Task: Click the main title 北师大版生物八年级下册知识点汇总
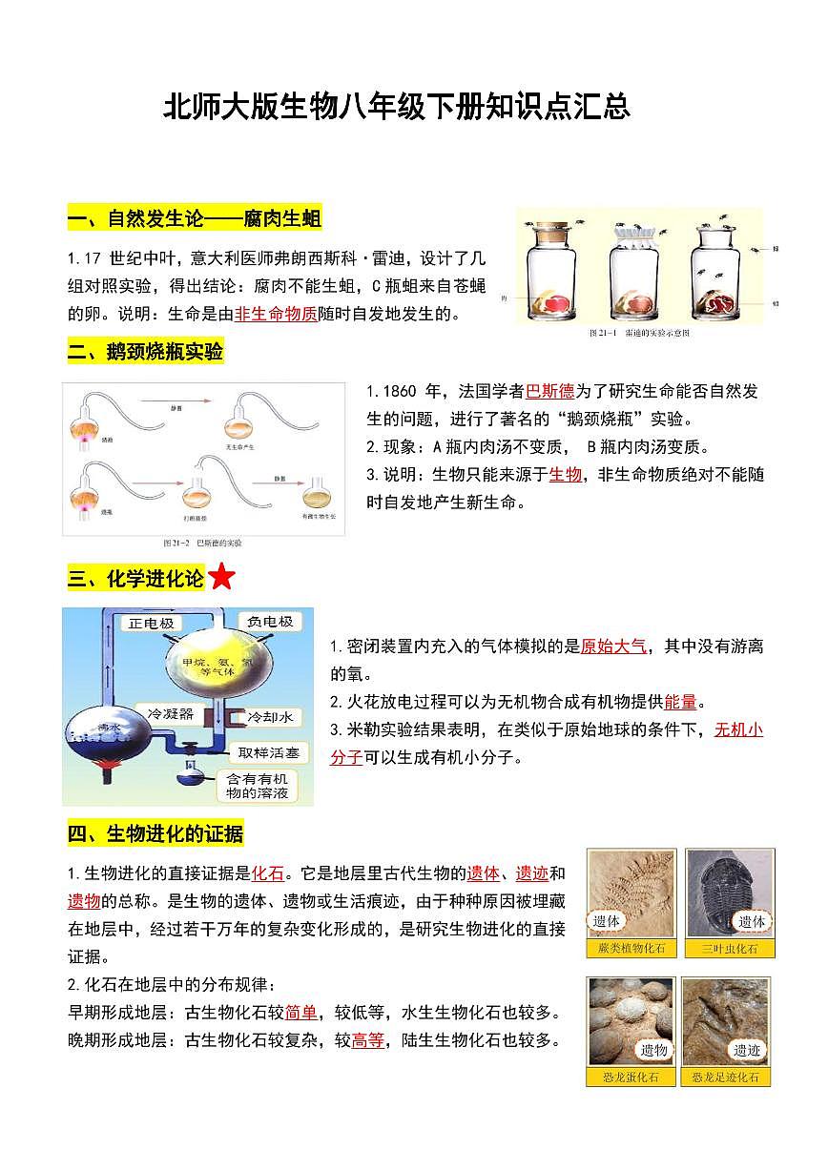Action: click(397, 106)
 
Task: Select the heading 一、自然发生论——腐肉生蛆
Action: click(195, 220)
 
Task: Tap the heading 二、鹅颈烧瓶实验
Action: click(145, 352)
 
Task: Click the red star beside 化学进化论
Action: click(221, 578)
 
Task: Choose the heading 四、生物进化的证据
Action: click(155, 834)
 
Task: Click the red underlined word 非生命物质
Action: click(276, 314)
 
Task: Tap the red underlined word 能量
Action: click(680, 703)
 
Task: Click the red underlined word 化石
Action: click(268, 873)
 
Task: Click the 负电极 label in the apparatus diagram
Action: click(269, 623)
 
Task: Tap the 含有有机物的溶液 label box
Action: click(256, 785)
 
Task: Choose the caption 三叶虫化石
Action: click(730, 949)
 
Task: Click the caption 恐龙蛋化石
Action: click(631, 1078)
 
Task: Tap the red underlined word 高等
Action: click(367, 1040)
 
